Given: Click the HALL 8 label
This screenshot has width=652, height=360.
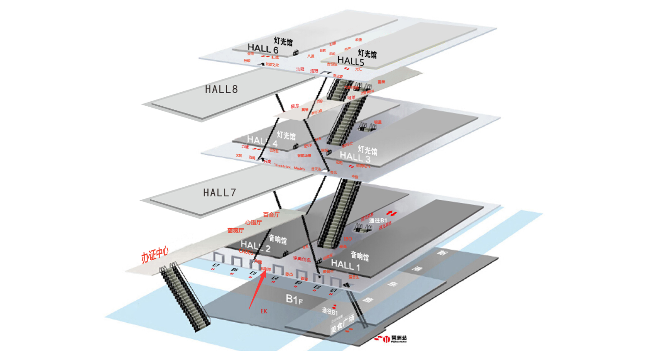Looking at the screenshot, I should point(221,89).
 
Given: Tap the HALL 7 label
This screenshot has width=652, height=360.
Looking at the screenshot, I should point(219,193).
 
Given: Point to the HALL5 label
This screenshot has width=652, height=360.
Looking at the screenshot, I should point(350,61).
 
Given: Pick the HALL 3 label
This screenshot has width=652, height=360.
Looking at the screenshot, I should point(355,157).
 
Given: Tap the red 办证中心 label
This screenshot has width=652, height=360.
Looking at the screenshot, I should point(155,257).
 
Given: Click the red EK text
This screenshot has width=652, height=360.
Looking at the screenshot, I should point(263,311).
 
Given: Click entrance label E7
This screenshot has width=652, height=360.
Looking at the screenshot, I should point(216,265).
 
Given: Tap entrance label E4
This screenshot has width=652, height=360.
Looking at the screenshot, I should point(275,279).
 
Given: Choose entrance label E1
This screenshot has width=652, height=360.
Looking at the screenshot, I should point(333,290).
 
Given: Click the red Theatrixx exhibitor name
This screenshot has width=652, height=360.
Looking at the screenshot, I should point(282,166).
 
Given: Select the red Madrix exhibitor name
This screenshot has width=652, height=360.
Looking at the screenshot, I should point(299,168).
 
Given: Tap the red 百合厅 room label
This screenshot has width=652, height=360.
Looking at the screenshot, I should point(271,215).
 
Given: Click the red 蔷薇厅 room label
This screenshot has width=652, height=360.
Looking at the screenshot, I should point(236,230).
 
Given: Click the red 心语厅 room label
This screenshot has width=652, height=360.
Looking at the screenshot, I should point(253,222).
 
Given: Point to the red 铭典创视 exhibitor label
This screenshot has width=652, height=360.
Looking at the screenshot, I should point(301,259).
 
